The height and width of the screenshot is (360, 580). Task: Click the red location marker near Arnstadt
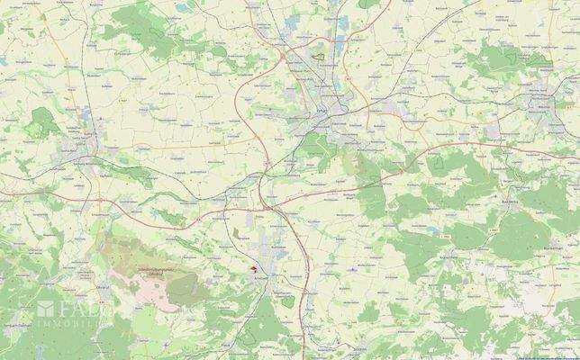254,267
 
